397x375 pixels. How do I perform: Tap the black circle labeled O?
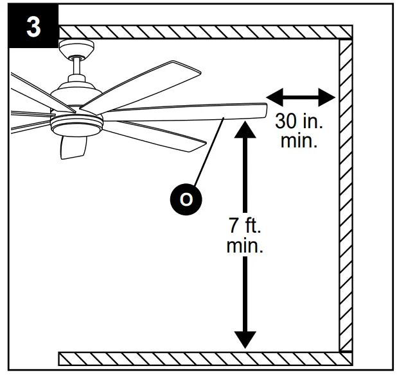click(x=186, y=199)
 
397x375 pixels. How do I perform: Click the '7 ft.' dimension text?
click(x=245, y=226)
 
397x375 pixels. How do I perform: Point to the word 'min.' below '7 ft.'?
click(x=245, y=246)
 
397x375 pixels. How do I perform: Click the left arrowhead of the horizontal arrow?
click(x=273, y=97)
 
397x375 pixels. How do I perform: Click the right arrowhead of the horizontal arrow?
click(x=328, y=97)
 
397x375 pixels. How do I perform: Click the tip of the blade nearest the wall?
click(x=263, y=110)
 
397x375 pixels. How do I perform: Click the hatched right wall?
click(x=346, y=192)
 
